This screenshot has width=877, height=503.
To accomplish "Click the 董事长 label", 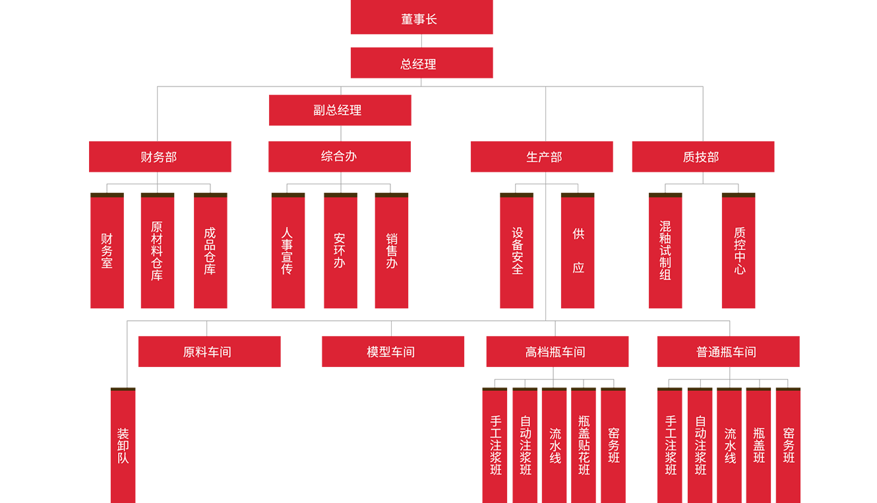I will pos(419,20).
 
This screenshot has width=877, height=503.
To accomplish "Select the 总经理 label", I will pos(419,65).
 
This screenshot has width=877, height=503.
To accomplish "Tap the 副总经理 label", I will pos(338,110).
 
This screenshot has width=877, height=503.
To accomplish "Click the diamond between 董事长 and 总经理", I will pos(421,42).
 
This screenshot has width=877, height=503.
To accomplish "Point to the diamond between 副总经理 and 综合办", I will pos(340,134).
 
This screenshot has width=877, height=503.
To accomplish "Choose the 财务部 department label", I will pos(159,157).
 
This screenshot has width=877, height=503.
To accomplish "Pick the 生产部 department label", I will pos(544,157).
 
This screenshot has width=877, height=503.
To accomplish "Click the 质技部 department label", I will pos(701,157).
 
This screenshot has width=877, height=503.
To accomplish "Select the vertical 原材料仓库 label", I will pos(157,251).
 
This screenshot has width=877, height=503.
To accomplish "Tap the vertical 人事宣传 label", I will pos(287,251).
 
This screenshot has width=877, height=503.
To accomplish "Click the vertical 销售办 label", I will pos(392,251).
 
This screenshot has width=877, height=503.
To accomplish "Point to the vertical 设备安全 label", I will pos(518,251).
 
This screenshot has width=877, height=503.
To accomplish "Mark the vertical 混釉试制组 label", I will pos(665,251).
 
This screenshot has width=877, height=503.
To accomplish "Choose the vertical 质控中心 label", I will pos(740,251).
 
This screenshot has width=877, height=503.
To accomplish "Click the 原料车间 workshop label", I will pos(207,352).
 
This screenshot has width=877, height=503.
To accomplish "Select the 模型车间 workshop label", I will pos(391,352).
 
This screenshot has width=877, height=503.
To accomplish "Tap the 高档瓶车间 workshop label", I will pos(555,352).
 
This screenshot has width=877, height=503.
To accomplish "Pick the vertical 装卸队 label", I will pos(123,446).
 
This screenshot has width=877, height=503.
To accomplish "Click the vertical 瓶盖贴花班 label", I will pos(584,446).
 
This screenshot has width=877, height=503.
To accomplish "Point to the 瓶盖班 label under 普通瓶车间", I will pos(760,446).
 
